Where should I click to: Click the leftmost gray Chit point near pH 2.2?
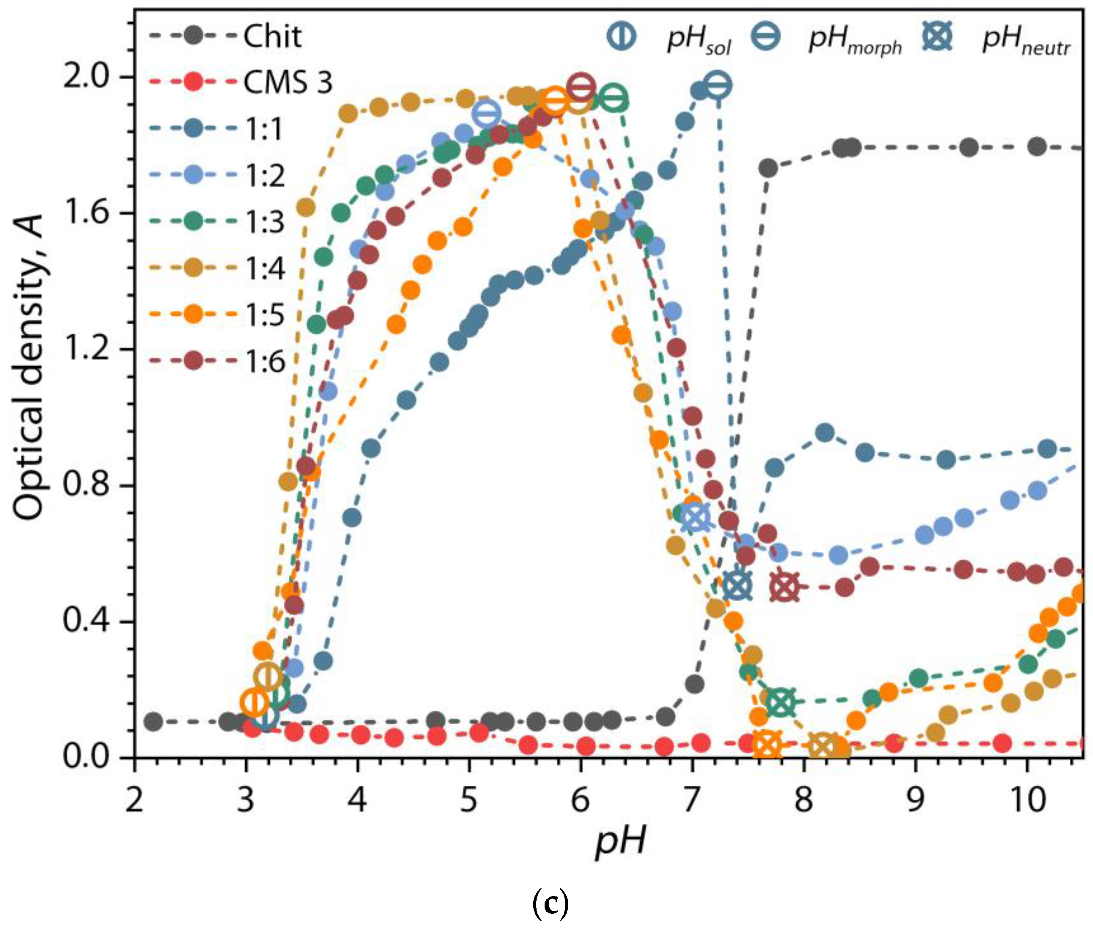153,721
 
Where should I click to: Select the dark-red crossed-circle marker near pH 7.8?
784,587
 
